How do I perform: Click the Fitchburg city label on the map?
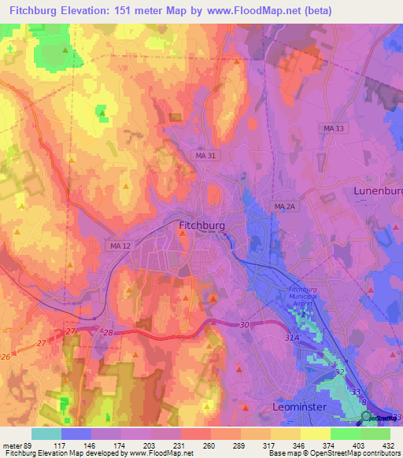pyautogui.click(x=202, y=226)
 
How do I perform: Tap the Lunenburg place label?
pyautogui.click(x=378, y=191)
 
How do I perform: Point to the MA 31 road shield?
pyautogui.click(x=205, y=156)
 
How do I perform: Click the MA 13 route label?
pyautogui.click(x=335, y=127)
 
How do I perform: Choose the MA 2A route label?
pyautogui.click(x=284, y=206)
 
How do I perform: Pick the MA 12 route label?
pyautogui.click(x=120, y=247)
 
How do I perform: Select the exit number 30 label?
pyautogui.click(x=244, y=325)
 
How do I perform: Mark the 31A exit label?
pyautogui.click(x=293, y=338)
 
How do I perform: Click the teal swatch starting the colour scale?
pyautogui.click(x=46, y=434)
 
